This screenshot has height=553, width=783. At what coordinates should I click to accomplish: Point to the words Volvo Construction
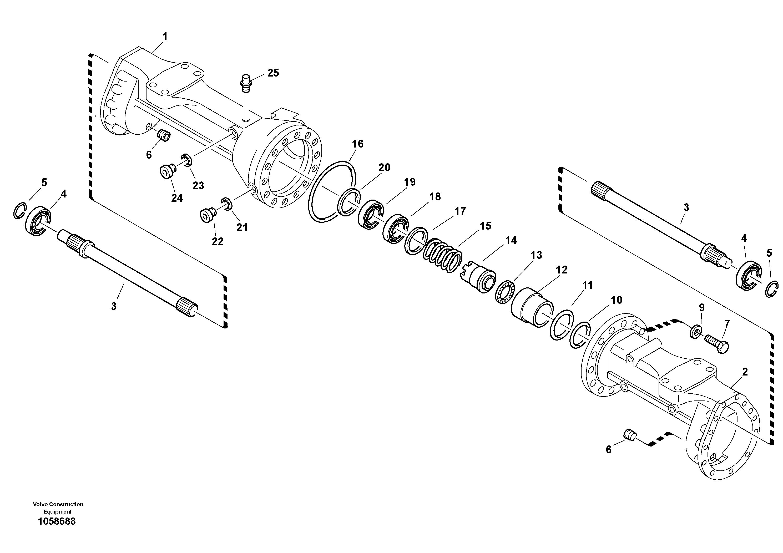coord(58,504)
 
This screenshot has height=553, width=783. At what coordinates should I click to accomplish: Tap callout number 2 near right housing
coord(745,372)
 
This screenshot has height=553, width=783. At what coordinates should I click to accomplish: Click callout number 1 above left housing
coord(165,37)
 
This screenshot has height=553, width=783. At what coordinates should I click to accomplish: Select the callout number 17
coord(460,211)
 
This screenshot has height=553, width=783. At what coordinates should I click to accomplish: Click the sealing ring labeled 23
coord(186,159)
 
